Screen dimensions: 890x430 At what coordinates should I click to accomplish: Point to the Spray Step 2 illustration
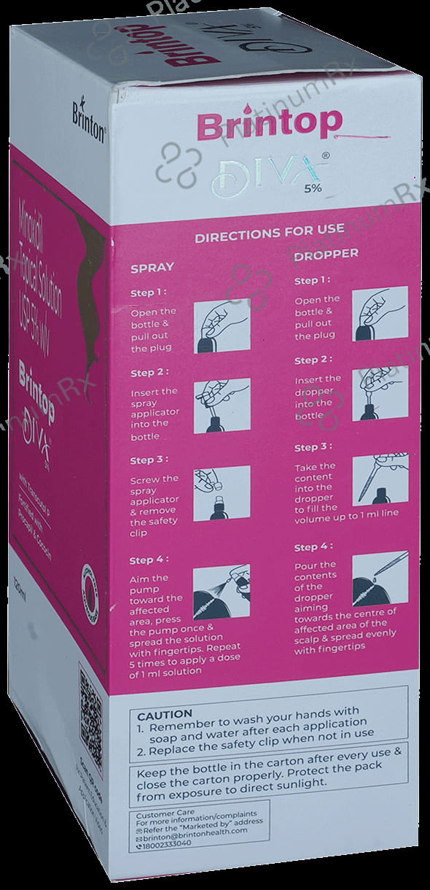point(222,404)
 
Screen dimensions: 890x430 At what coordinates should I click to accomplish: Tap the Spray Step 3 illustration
point(222,492)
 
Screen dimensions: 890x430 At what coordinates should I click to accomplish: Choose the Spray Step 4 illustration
point(222,591)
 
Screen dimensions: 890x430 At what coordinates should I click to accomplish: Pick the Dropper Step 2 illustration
point(374,394)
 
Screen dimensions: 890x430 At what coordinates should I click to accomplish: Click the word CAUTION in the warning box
point(165,713)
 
